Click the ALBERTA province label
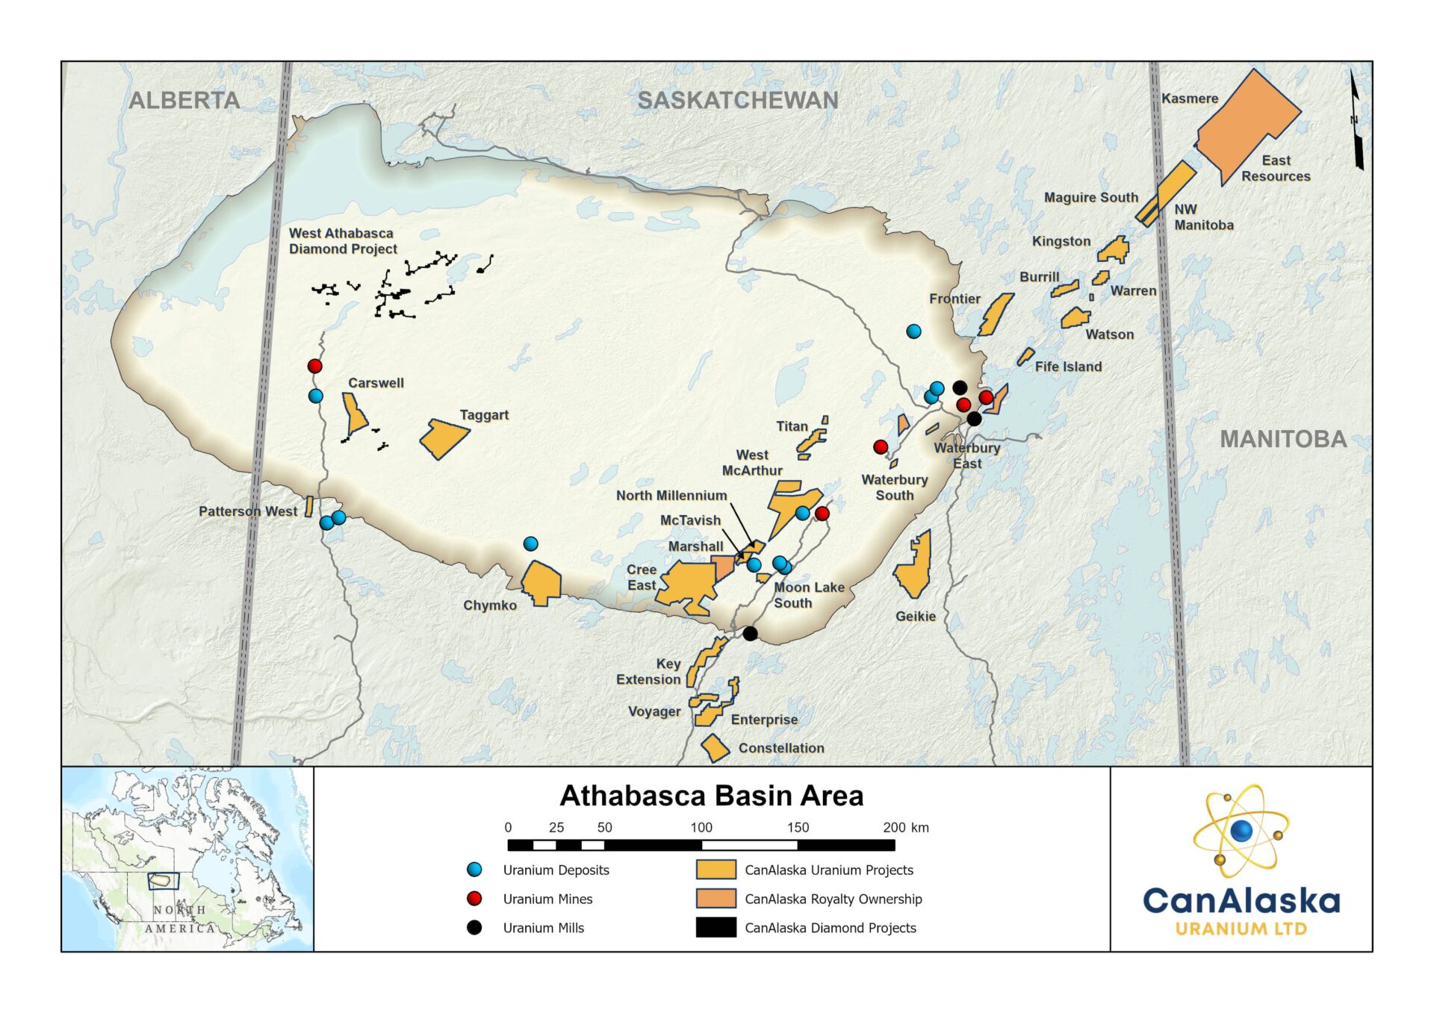[184, 100]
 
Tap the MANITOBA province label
[1282, 439]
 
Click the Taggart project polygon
[444, 439]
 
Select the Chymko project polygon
[541, 583]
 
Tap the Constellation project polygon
[715, 747]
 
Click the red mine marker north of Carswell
[314, 366]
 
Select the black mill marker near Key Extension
[750, 633]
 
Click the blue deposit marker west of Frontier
[913, 331]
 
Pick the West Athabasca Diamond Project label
[342, 241]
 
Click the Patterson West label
[247, 511]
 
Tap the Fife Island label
[1067, 367]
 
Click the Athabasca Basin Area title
[711, 796]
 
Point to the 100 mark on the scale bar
[701, 828]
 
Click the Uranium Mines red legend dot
[474, 899]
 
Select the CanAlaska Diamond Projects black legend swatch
[715, 928]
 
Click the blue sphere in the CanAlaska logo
[1241, 830]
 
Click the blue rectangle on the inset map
[163, 881]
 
